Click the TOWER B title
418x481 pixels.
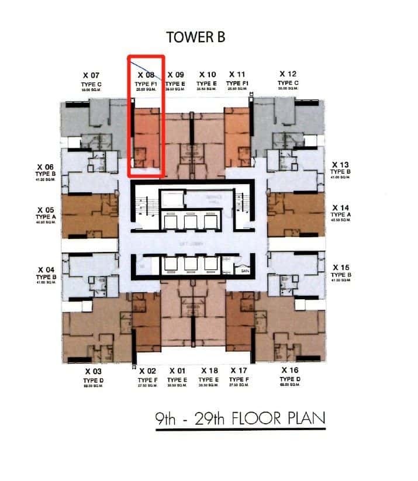click(x=196, y=36)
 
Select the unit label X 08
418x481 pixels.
click(x=146, y=75)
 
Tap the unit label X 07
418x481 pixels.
click(x=92, y=75)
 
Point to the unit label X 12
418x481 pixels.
click(x=288, y=74)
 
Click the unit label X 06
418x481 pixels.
click(x=45, y=167)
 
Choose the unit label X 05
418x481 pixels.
click(x=45, y=209)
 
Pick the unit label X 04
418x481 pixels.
click(x=45, y=270)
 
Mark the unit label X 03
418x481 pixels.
click(x=93, y=371)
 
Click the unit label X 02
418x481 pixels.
click(x=147, y=371)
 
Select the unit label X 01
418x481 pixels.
click(x=178, y=371)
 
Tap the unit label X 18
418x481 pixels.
click(x=209, y=371)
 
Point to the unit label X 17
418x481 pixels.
click(x=238, y=371)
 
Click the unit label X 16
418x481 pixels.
click(x=289, y=371)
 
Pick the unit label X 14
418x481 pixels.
click(x=340, y=207)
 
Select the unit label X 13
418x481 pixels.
click(x=340, y=165)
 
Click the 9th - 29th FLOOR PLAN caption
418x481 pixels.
click(x=240, y=419)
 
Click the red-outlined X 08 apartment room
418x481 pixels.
click(x=146, y=137)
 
